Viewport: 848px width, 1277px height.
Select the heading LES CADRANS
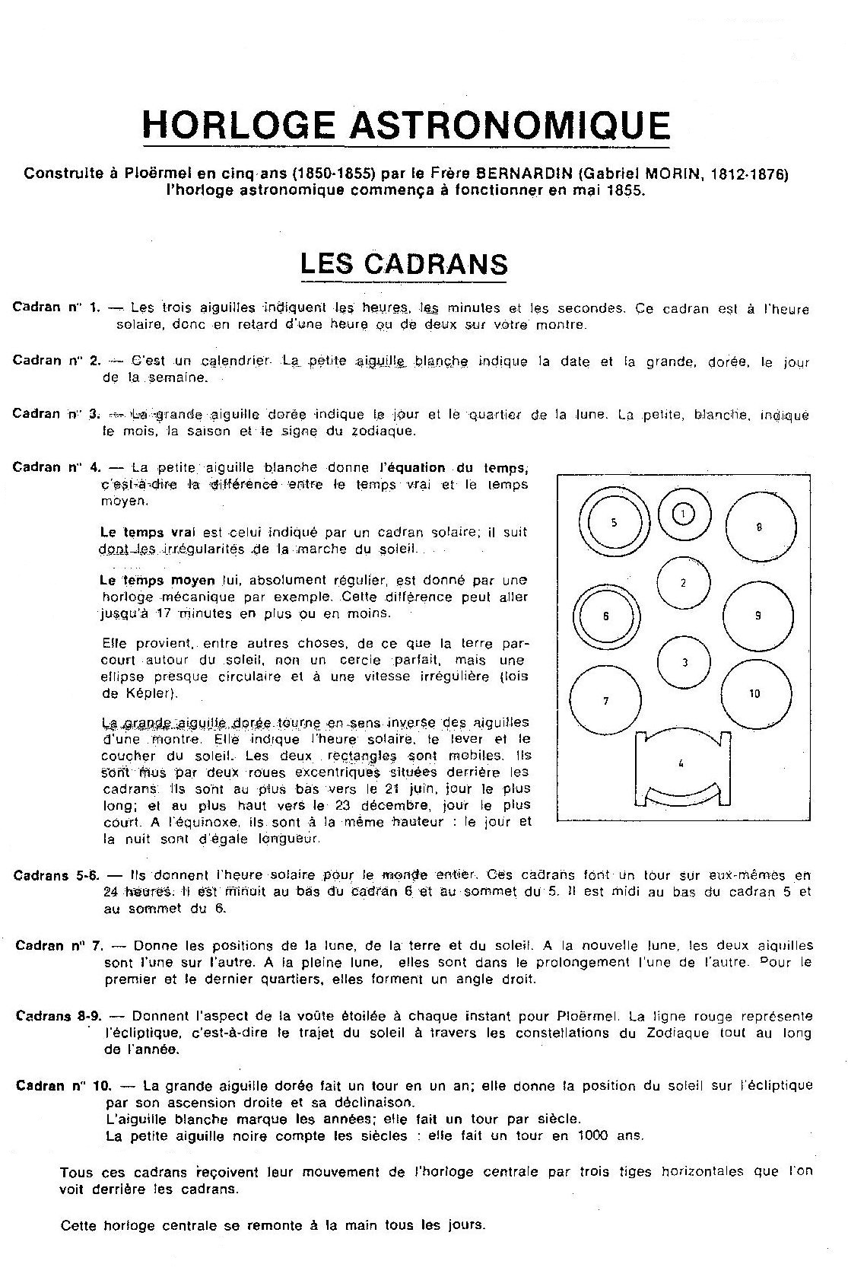pos(404,263)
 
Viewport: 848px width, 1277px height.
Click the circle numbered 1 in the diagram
pos(683,514)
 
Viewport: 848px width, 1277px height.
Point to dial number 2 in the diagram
pos(683,583)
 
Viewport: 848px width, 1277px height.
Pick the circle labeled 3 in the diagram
pos(684,662)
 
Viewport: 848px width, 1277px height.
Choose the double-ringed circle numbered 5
pos(614,523)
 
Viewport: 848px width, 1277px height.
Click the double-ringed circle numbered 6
pos(606,616)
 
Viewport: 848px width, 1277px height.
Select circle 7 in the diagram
pos(605,701)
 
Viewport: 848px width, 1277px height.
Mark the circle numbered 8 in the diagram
pos(760,527)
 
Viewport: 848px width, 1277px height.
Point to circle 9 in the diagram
pos(757,616)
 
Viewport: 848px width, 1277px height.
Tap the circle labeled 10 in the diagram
pos(754,693)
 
